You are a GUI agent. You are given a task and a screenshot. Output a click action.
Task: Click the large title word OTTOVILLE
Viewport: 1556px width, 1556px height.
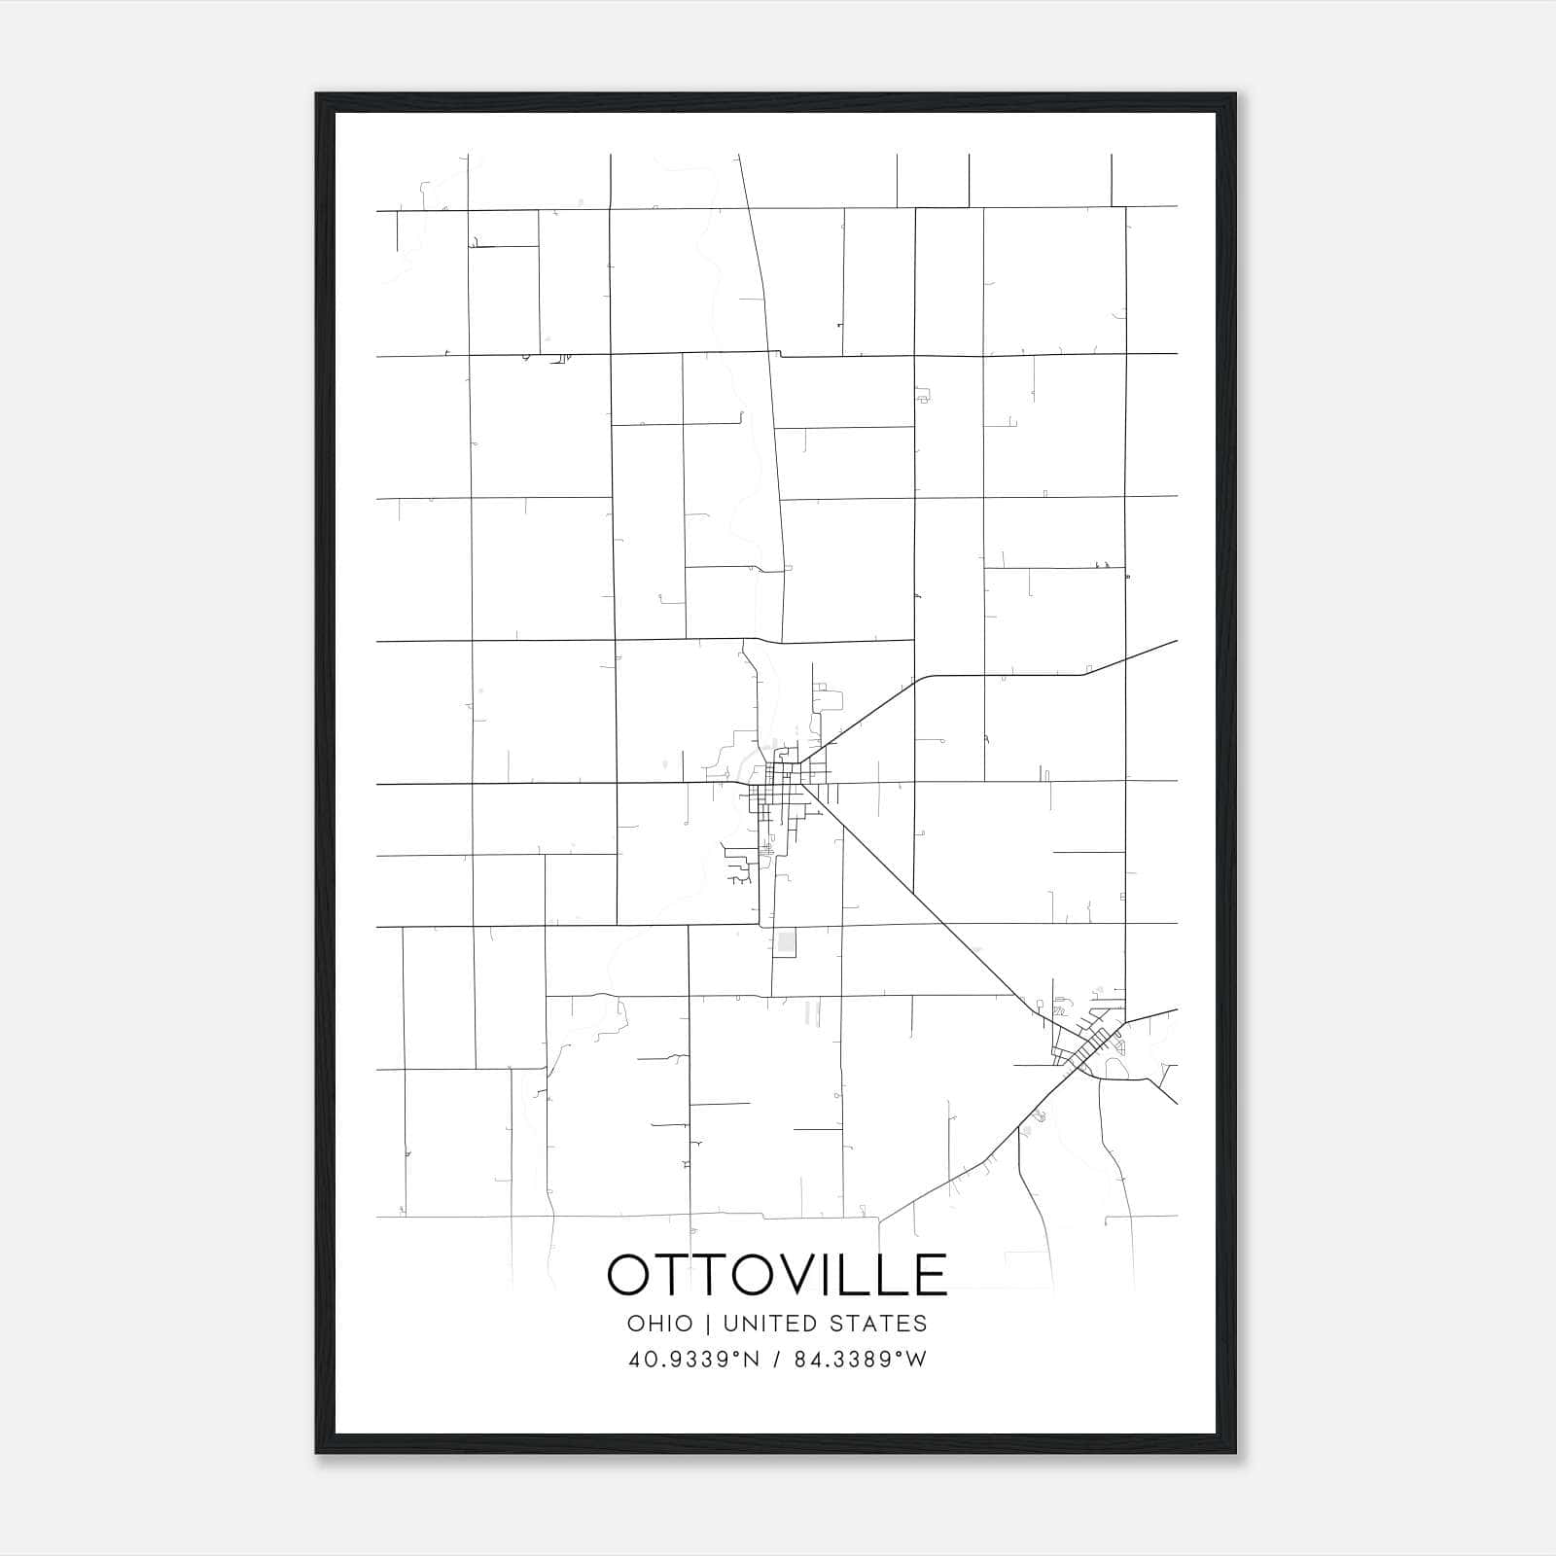[x=777, y=1274]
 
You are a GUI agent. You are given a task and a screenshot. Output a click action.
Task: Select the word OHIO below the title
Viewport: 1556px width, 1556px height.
[x=660, y=1324]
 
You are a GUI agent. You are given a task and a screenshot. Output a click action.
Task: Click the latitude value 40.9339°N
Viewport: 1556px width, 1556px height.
[x=693, y=1360]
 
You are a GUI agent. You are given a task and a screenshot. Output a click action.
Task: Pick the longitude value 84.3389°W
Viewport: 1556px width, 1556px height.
[x=861, y=1360]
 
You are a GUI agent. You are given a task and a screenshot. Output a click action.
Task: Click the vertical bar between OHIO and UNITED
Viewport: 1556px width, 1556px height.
[x=708, y=1324]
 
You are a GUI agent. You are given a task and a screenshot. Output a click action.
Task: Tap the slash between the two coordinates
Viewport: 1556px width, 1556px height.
[x=777, y=1360]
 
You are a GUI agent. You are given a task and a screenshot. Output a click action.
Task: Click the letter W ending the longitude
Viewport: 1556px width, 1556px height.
[x=917, y=1360]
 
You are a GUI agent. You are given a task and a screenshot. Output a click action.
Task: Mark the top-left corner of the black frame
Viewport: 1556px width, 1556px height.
[x=316, y=94]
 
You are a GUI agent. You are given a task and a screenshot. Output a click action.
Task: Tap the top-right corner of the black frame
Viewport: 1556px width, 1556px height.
[x=1235, y=94]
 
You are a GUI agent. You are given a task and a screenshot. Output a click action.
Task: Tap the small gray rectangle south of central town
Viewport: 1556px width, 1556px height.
[x=786, y=942]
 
